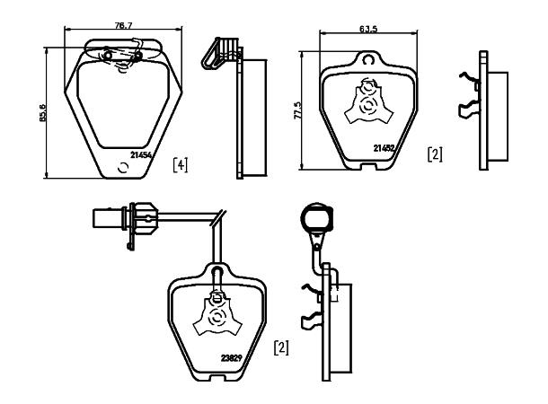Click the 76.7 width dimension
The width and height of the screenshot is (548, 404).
coord(123,25)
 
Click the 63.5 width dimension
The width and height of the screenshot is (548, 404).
coord(368,29)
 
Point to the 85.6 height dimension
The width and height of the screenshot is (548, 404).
coord(43,112)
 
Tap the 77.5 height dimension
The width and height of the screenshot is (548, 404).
coord(298,110)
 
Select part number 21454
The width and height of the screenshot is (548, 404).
coord(141,155)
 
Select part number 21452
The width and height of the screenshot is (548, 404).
coord(384,148)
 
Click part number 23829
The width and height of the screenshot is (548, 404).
coord(232,358)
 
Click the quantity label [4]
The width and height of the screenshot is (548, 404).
coord(181,165)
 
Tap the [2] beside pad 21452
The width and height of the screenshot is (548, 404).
coord(435,154)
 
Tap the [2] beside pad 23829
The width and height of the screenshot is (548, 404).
coord(281,347)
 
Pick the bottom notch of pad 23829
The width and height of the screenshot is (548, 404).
coord(217,376)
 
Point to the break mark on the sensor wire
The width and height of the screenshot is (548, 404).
coord(218,217)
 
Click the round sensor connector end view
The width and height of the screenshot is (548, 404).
coord(317,217)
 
